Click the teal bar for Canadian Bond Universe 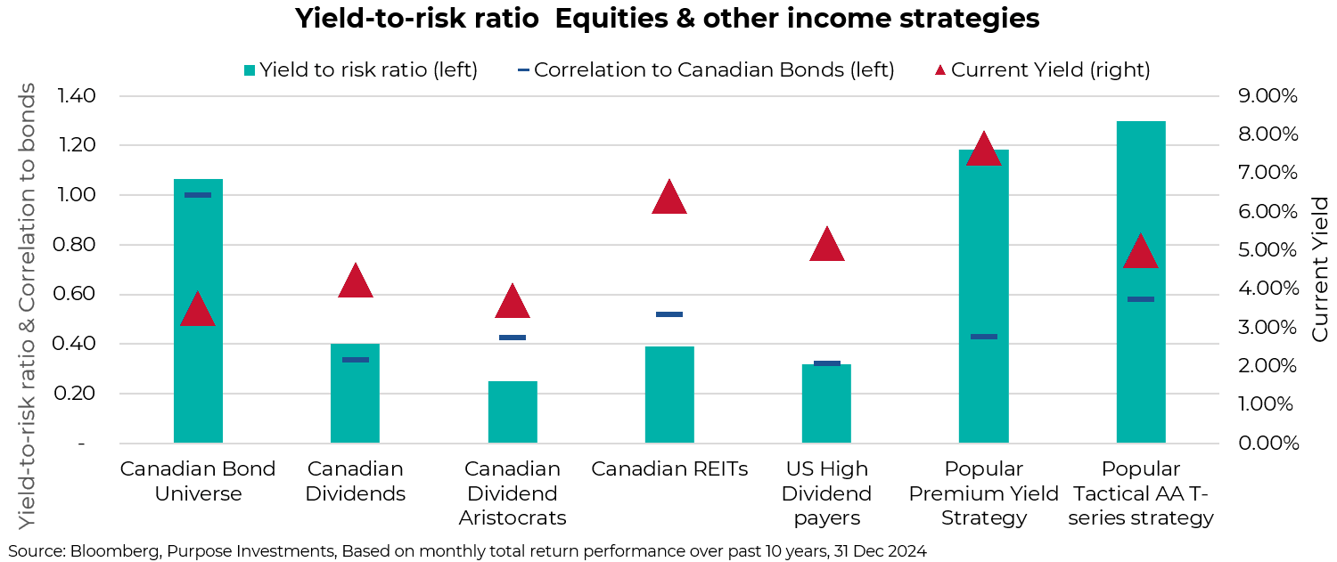[x=198, y=356]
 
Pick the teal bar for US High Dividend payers [x=826, y=405]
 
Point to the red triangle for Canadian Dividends [x=356, y=281]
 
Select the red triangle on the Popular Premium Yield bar [x=984, y=150]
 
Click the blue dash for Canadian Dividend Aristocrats [x=513, y=338]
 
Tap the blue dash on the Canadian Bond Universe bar [x=198, y=195]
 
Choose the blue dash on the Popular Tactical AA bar [x=1141, y=299]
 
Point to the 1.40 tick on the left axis [x=77, y=96]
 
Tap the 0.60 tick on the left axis [x=77, y=295]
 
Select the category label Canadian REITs [x=669, y=469]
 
